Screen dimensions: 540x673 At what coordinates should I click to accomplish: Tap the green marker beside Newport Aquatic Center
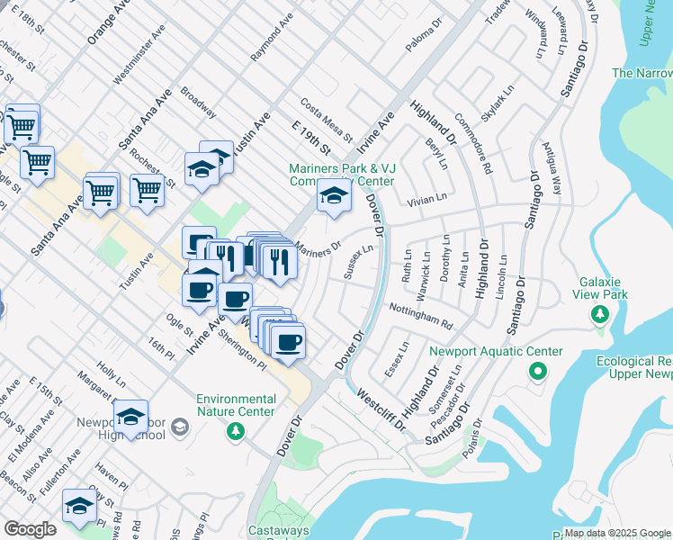(538, 371)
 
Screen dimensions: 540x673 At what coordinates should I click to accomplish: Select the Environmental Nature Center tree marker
(236, 432)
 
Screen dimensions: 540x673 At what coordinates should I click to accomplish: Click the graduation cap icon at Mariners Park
(334, 196)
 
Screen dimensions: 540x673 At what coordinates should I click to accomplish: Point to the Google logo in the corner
(30, 528)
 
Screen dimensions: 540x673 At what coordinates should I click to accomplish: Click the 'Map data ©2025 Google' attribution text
(617, 533)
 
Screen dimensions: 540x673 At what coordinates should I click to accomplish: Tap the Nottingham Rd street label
(420, 315)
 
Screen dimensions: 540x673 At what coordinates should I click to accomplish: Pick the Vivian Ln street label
(426, 200)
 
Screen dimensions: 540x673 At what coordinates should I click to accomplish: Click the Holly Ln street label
(110, 376)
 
